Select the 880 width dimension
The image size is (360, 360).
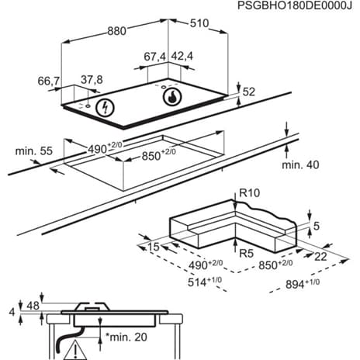116,32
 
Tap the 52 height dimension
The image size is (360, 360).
249,92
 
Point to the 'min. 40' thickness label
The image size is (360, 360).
300,164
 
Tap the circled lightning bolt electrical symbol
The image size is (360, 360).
103,109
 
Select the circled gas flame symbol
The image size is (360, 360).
169,99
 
